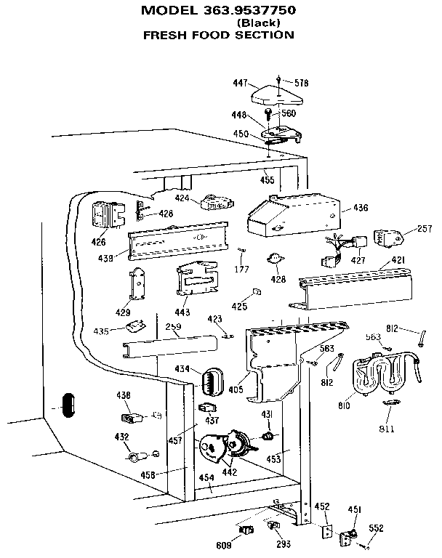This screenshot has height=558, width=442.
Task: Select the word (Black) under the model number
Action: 256,23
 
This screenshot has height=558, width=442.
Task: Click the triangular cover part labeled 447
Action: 276,95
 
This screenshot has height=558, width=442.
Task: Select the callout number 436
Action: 361,208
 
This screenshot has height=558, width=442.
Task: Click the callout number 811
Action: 386,429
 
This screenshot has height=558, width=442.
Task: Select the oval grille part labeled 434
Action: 212,379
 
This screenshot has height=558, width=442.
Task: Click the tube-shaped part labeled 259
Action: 171,347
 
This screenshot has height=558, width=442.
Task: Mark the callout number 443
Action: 182,312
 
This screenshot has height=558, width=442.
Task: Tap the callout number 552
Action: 376,529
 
